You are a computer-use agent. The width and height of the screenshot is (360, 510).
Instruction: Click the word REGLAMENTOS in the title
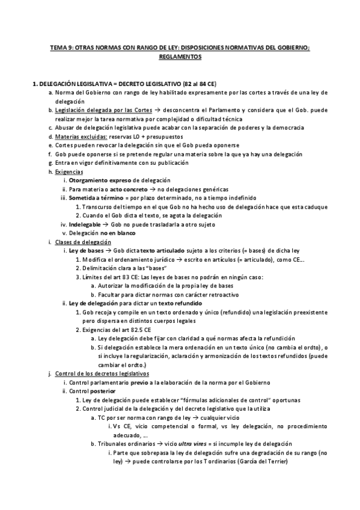click(x=180, y=57)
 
